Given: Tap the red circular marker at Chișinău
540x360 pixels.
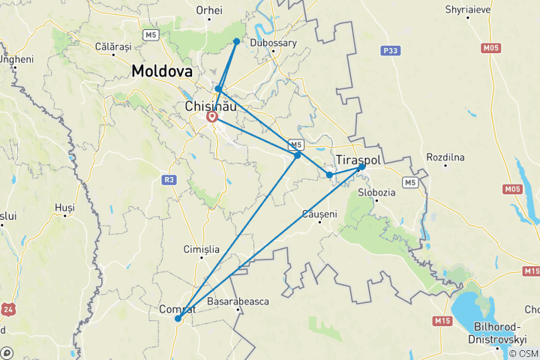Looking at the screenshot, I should click(212, 117).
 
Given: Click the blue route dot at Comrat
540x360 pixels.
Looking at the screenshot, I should click(178, 319).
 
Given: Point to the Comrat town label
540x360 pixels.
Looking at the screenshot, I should click(178, 308).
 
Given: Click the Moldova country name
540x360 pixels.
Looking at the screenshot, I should click(161, 71).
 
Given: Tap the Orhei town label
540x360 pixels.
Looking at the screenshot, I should click(209, 10).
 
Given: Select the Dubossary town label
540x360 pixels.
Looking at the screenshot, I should click(273, 43).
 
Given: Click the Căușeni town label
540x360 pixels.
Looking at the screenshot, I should click(319, 214).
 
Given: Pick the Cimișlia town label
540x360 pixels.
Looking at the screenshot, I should click(202, 249).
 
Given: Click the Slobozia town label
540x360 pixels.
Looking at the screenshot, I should click(376, 192).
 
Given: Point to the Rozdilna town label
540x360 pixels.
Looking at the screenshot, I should click(445, 157).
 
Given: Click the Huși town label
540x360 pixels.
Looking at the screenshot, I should click(65, 207).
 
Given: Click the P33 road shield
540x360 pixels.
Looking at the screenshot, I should click(388, 50).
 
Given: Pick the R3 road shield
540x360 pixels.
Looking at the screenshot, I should click(169, 180).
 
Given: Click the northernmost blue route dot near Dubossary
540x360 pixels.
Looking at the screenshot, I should click(236, 41).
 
